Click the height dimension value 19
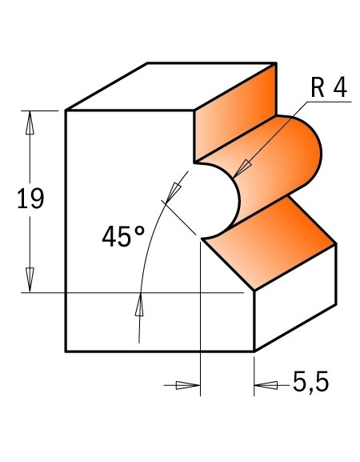(30, 199)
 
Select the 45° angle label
(122, 237)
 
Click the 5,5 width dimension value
(310, 385)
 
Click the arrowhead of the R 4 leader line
(241, 168)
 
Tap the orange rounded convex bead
(296, 156)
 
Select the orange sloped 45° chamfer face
(272, 240)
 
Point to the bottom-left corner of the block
(66, 352)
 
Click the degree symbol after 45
(139, 230)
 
